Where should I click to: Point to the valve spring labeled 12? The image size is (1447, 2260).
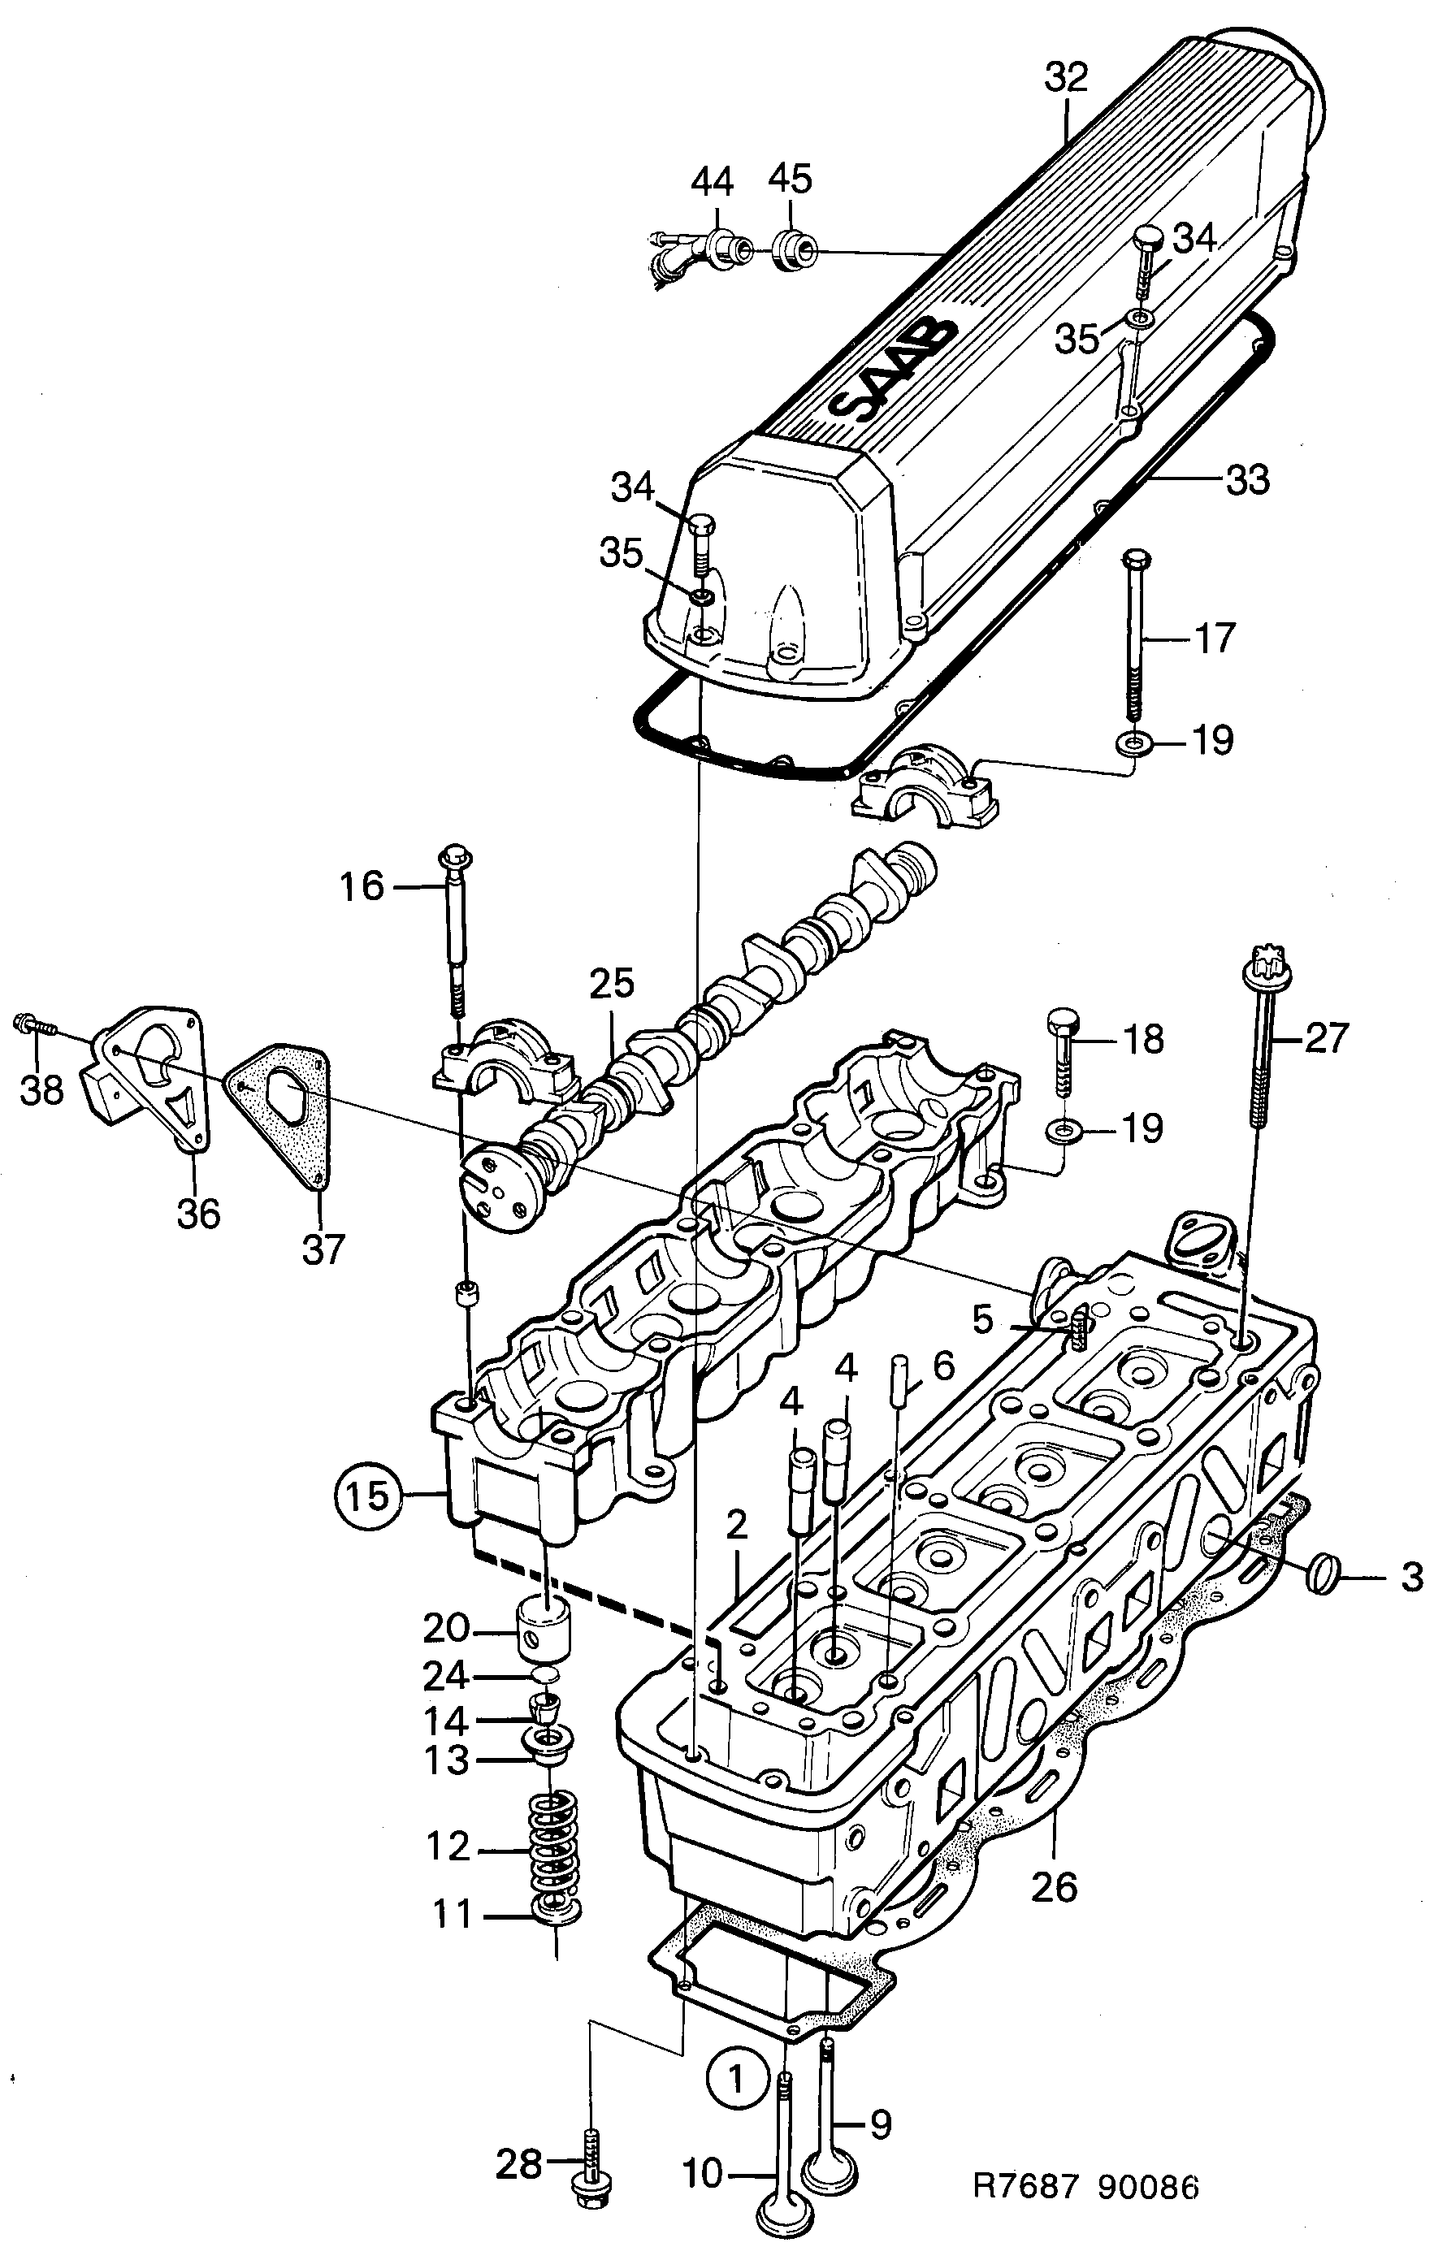pos(553,1850)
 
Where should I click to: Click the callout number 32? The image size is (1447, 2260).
pos(1067,77)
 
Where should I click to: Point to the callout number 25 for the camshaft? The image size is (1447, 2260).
pos(612,984)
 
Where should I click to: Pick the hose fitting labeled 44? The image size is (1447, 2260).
pos(719,247)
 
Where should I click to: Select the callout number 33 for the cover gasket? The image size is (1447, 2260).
pos(1247,480)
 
